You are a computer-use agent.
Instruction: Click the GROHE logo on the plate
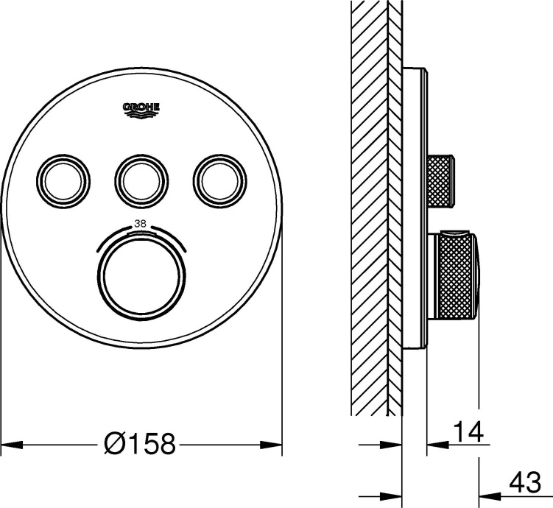[x=141, y=109]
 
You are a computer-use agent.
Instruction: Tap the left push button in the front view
[x=64, y=177]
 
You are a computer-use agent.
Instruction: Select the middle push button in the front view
[x=140, y=177]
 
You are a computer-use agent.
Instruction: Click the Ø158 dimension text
[x=140, y=444]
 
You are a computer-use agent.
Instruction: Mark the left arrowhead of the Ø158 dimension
[x=9, y=445]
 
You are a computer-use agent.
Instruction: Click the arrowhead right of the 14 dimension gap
[x=435, y=445]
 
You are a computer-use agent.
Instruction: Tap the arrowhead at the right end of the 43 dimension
[x=488, y=493]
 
